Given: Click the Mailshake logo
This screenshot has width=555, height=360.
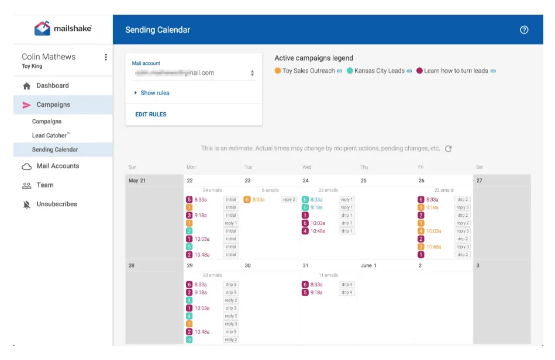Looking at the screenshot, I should pyautogui.click(x=63, y=29).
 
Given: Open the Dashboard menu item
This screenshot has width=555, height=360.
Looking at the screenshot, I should pyautogui.click(x=52, y=86).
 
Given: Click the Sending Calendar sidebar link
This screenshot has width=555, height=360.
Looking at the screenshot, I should pyautogui.click(x=55, y=150).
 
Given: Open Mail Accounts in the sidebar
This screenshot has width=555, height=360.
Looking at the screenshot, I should pyautogui.click(x=57, y=167).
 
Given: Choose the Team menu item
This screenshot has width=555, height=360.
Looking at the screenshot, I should pyautogui.click(x=45, y=185).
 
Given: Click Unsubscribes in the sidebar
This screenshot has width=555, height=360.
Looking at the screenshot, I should pyautogui.click(x=56, y=205).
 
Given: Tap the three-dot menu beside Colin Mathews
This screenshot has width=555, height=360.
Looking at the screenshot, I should pyautogui.click(x=106, y=57).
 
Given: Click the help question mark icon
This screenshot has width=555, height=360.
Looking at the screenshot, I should pyautogui.click(x=524, y=30).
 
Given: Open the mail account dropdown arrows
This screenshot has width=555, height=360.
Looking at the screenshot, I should pyautogui.click(x=252, y=74).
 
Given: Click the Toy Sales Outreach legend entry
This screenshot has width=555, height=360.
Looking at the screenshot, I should pyautogui.click(x=308, y=71).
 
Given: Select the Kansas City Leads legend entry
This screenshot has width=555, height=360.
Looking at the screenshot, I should pyautogui.click(x=379, y=71).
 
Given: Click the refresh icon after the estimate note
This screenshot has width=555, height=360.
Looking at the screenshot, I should pyautogui.click(x=449, y=149).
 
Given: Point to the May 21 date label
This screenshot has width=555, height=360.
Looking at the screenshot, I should pyautogui.click(x=137, y=181).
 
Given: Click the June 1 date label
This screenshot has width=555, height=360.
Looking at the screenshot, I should pyautogui.click(x=368, y=266).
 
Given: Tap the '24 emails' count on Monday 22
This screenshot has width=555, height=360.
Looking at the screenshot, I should pyautogui.click(x=212, y=191).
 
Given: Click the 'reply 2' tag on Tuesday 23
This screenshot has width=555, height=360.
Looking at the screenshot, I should pyautogui.click(x=289, y=200).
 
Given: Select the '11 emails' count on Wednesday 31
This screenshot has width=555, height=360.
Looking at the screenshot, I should pyautogui.click(x=328, y=275).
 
